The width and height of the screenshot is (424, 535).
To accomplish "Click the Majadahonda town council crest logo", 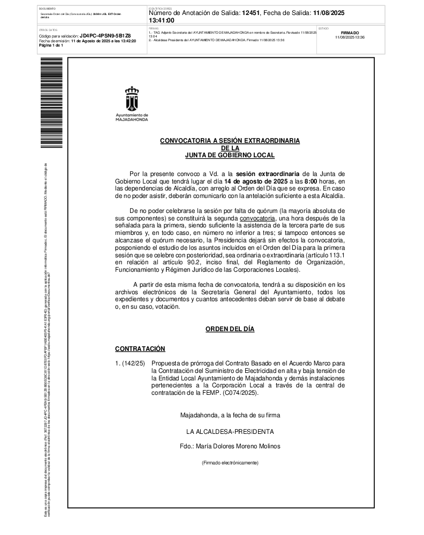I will click(x=131, y=98).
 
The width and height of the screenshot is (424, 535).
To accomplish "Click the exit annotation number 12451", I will click(x=252, y=13).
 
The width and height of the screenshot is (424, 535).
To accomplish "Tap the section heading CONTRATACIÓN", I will click(x=140, y=349).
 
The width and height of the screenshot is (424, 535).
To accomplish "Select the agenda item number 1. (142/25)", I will click(x=130, y=363).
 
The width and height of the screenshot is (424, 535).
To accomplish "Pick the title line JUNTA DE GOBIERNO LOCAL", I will click(x=230, y=155).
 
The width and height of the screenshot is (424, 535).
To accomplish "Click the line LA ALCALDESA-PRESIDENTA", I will click(x=230, y=431).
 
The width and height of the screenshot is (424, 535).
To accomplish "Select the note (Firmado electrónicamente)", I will click(x=230, y=462).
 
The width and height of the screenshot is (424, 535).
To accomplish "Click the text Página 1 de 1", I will click(x=51, y=45).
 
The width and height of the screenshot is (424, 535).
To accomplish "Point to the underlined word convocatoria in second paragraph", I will click(x=258, y=218).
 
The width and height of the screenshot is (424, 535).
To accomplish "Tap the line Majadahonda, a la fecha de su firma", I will click(x=230, y=415).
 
